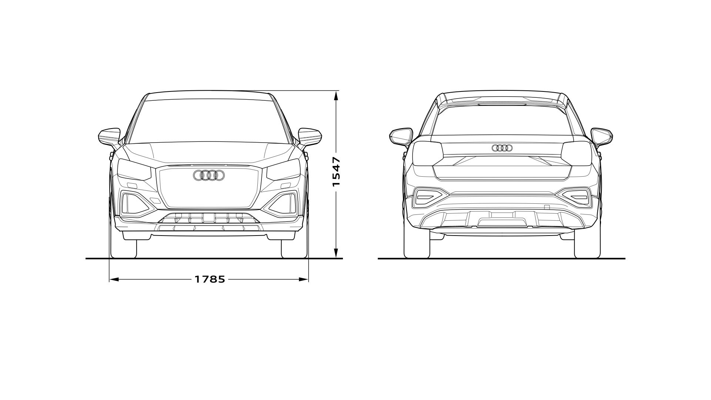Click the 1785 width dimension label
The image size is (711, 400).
click(210, 279)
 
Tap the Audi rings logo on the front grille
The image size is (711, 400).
click(208, 176)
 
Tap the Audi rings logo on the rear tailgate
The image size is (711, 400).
click(502, 148)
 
